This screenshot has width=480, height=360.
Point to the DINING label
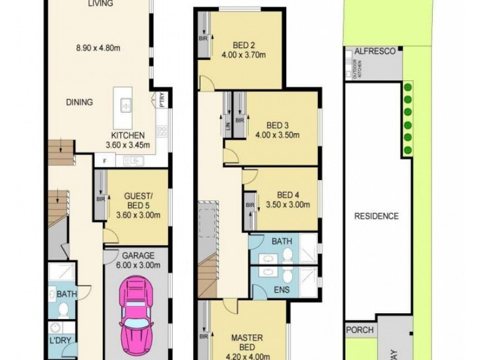[x=79, y=102]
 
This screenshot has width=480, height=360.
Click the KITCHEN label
[x=127, y=136]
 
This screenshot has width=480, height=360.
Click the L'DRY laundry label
[x=60, y=340]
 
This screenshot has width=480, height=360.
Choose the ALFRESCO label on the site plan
[x=374, y=52]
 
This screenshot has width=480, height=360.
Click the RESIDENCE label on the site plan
[x=376, y=216]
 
